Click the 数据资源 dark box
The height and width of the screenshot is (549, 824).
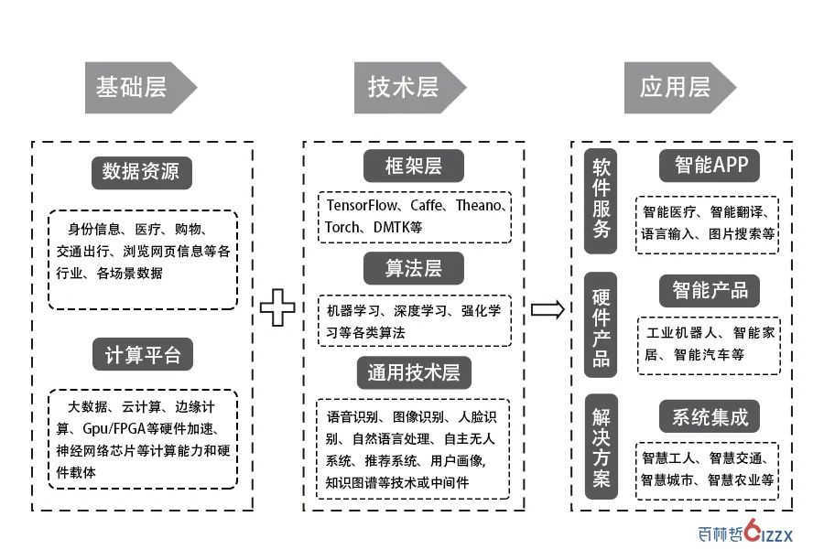(142, 171)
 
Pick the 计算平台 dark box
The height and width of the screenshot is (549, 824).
(142, 354)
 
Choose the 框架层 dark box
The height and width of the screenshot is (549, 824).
(413, 167)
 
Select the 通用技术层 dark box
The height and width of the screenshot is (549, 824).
(413, 372)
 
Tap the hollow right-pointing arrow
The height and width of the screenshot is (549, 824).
(548, 308)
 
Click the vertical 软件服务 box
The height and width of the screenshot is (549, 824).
(602, 199)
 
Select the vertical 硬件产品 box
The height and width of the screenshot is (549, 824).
(602, 327)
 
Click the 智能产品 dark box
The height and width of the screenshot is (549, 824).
(710, 291)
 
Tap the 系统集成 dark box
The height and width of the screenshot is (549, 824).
(710, 417)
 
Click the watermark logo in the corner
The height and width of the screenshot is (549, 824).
(743, 533)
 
